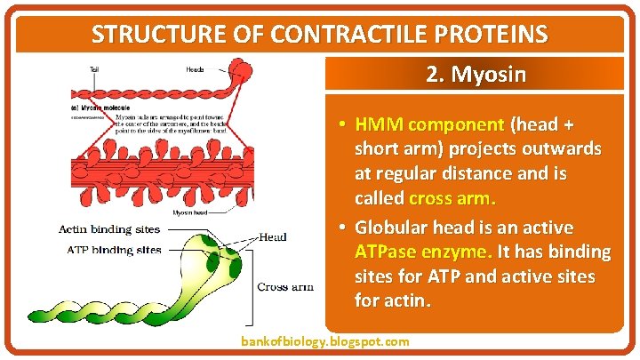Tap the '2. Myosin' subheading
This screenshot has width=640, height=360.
[476, 74]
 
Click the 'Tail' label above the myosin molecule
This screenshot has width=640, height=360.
[95, 68]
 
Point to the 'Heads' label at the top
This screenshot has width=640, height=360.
[195, 68]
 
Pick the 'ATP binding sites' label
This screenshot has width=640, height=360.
[114, 250]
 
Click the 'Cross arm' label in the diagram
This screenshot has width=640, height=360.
[284, 287]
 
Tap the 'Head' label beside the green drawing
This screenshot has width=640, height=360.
[273, 237]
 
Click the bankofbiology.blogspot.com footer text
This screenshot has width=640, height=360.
[325, 341]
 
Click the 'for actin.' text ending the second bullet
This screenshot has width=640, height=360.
[392, 300]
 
